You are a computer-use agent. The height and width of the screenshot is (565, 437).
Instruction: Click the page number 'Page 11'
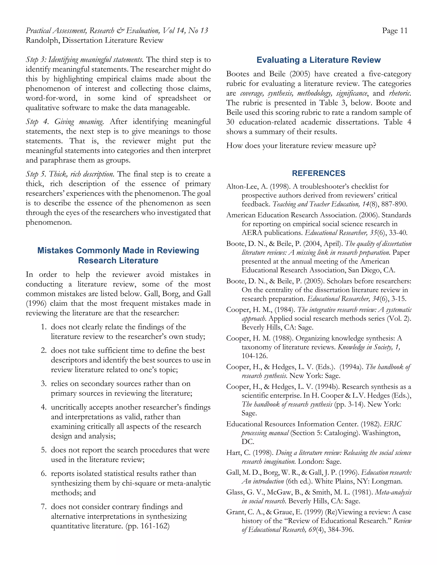[395, 31]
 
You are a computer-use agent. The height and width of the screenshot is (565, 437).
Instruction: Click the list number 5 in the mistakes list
[44, 450]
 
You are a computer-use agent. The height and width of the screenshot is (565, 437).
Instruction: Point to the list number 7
[44, 507]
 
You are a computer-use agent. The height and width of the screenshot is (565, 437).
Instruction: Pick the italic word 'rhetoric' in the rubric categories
[400, 93]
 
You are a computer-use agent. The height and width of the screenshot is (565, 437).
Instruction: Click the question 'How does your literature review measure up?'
[301, 146]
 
